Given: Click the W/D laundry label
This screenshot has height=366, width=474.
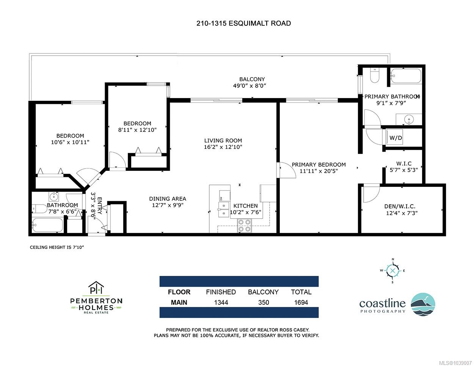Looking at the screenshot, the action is coord(396,138).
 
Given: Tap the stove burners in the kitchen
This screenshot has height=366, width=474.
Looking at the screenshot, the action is coord(244,225).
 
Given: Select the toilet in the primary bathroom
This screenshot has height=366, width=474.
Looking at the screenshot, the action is coord(375,76).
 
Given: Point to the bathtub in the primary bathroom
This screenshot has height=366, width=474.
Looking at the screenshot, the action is coord(406,76).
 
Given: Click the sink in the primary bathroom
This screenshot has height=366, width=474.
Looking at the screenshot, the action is coord(409,119).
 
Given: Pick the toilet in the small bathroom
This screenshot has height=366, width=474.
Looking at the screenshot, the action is coord(40,209).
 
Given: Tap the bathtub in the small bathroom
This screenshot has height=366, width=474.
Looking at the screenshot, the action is coord(47,225).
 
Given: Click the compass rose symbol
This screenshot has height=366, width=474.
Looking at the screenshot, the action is coord(392,271).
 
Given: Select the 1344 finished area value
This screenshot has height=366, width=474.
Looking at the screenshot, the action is coord(221,302).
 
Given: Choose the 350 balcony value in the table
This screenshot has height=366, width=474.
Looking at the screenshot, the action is coord(264,302).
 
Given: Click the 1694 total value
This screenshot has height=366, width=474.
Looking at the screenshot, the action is coord(301,302).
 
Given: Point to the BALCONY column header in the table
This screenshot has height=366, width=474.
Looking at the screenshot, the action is coord(263,292).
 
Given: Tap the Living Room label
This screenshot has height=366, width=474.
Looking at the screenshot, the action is coord(223,141).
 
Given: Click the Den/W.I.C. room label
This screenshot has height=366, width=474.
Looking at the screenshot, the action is coord(400,206).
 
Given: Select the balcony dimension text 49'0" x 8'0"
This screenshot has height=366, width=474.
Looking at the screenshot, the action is coord(250,86).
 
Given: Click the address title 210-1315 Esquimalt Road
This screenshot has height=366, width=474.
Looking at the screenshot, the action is coord(243,23).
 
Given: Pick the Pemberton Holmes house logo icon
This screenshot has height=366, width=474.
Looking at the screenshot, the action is coord(96,287).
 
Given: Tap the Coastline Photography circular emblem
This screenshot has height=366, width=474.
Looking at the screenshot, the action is coord(423,304).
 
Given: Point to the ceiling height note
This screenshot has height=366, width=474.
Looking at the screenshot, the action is coord(57,247).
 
